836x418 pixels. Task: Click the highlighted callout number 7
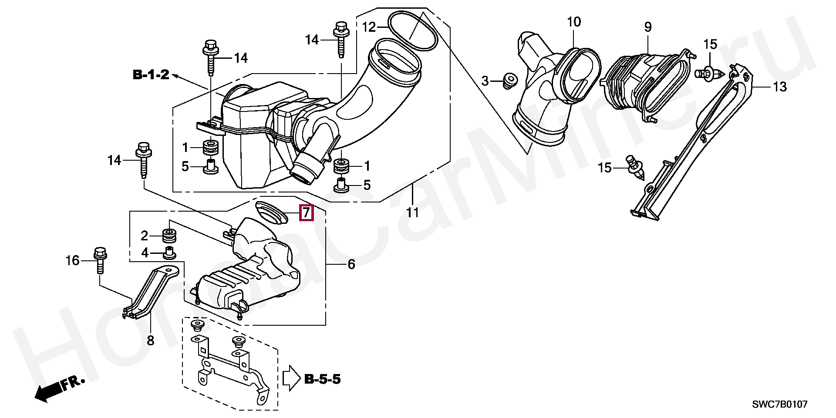tap(307, 213)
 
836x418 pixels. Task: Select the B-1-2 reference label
tap(151, 75)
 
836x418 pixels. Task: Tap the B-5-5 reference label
tap(322, 379)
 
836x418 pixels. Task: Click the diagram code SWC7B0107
tap(780, 405)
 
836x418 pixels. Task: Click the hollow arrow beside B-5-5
tap(291, 378)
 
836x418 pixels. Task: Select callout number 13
tap(779, 87)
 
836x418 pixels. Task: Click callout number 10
tap(574, 22)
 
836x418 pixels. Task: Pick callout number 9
tap(648, 27)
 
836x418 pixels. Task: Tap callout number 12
tap(369, 27)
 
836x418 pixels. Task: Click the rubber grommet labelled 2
tap(169, 236)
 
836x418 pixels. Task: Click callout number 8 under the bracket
tap(151, 340)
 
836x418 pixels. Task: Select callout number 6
tap(351, 264)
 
